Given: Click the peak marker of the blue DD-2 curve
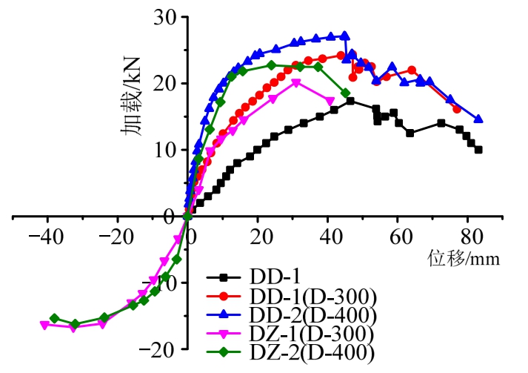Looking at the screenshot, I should tap(344, 36).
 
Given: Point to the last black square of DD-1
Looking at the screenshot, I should tap(478, 150).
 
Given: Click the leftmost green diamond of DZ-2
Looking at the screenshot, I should tap(54, 318).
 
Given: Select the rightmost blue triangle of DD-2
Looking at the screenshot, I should tap(478, 119).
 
